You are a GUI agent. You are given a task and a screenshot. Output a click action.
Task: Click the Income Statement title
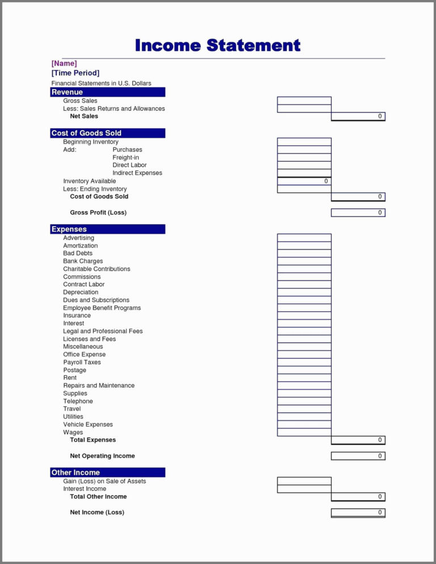pyautogui.click(x=217, y=45)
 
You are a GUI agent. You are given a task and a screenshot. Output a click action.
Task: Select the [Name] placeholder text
pyautogui.click(x=64, y=64)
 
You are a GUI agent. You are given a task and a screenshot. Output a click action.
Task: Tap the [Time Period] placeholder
pyautogui.click(x=76, y=73)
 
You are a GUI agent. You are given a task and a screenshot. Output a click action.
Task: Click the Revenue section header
pyautogui.click(x=108, y=92)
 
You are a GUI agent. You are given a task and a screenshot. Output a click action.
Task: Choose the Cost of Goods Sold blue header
pyautogui.click(x=108, y=133)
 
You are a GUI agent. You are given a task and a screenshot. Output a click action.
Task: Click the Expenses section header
pyautogui.click(x=108, y=229)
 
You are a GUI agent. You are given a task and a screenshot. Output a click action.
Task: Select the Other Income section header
pyautogui.click(x=108, y=473)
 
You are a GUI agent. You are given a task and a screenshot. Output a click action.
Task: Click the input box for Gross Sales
pyautogui.click(x=304, y=101)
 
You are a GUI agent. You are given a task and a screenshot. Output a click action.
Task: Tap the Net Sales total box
pyautogui.click(x=358, y=116)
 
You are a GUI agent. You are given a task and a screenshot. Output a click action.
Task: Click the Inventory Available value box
pyautogui.click(x=304, y=181)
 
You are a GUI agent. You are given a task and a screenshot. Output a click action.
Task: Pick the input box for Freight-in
pyautogui.click(x=304, y=158)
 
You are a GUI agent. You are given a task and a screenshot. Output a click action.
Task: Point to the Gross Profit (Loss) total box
pyautogui.click(x=358, y=213)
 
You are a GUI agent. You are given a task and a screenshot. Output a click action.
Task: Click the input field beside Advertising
pyautogui.click(x=304, y=238)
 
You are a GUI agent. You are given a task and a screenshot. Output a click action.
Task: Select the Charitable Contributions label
pyautogui.click(x=97, y=269)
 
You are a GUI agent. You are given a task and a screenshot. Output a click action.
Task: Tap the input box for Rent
pyautogui.click(x=304, y=378)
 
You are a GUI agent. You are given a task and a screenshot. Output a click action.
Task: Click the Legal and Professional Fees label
pyautogui.click(x=103, y=331)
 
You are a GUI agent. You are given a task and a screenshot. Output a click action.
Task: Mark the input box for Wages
pyautogui.click(x=304, y=432)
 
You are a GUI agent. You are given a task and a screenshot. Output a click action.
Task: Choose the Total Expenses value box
pyautogui.click(x=358, y=440)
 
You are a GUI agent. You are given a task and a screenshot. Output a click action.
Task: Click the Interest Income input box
pyautogui.click(x=304, y=489)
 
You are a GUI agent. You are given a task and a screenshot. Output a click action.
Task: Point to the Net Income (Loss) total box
pyautogui.click(x=358, y=513)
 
